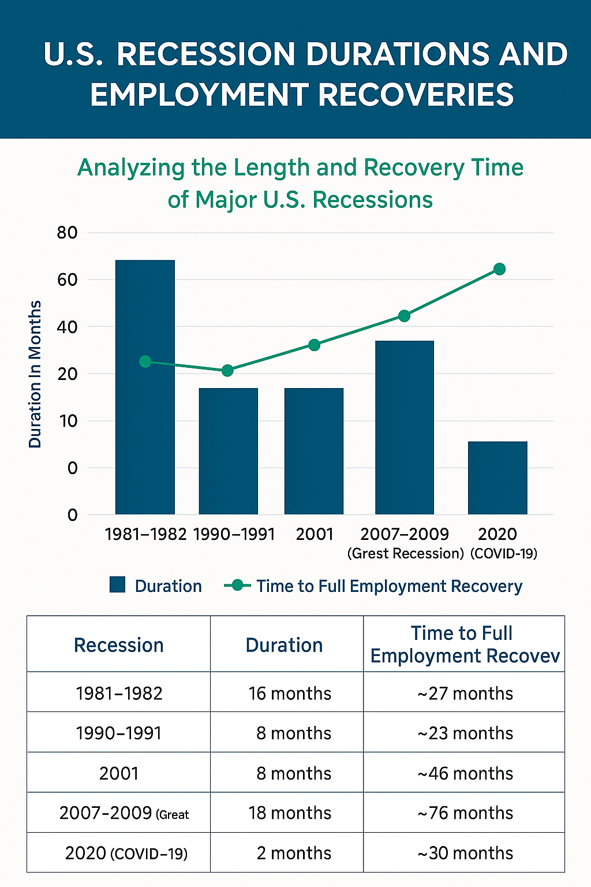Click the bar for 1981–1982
point(145,387)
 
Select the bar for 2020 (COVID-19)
point(498,478)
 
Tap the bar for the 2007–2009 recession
point(405,427)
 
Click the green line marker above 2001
point(314,345)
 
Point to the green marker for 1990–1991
point(227,371)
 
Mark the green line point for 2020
point(500,269)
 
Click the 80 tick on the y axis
point(67,233)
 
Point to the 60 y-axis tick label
point(67,280)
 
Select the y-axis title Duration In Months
point(35,374)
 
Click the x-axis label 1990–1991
point(234,534)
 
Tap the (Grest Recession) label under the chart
point(405,554)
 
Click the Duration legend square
point(117,584)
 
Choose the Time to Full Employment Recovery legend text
point(389,586)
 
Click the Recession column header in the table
point(119,645)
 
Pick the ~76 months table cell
point(465,813)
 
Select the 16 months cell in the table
point(290,694)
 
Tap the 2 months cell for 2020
point(294,853)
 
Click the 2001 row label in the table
point(119,773)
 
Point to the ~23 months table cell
point(465,733)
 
